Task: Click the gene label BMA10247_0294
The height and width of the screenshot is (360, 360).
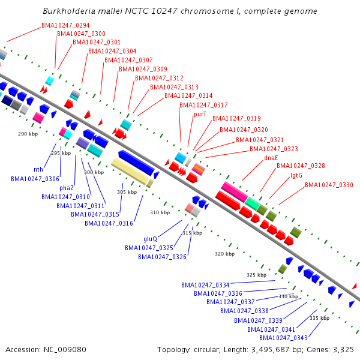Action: [65, 25]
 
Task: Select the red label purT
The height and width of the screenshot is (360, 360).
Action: [200, 115]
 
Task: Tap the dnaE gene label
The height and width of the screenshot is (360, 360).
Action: [271, 158]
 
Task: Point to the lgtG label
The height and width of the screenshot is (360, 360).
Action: [296, 175]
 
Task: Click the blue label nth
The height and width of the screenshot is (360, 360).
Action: [38, 169]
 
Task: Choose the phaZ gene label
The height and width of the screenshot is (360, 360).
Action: [67, 188]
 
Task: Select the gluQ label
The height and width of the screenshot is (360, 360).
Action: [150, 239]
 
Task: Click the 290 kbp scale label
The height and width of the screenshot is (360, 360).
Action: [28, 134]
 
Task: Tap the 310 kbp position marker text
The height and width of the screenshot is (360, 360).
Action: [160, 212]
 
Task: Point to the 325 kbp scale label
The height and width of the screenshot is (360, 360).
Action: [256, 275]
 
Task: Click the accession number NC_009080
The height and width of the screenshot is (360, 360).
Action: [65, 350]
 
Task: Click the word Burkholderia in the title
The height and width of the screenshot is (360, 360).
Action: [69, 11]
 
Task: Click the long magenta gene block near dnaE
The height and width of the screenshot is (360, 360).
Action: [235, 192]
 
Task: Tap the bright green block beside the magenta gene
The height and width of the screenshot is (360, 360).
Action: [253, 203]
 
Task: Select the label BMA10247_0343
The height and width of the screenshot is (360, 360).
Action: [283, 338]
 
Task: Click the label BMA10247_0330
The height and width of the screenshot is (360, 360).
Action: [329, 185]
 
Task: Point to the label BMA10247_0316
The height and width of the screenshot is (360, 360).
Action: [109, 223]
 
